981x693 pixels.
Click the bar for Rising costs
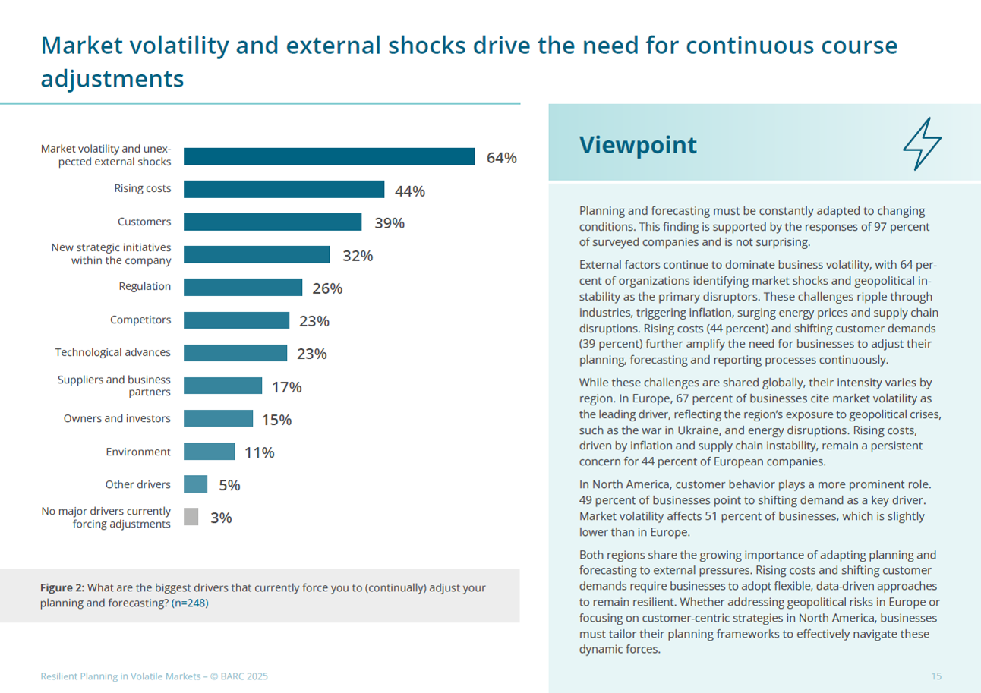[284, 190]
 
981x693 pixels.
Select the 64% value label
[501, 158]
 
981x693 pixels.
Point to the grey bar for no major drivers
[191, 517]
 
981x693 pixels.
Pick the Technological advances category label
[113, 353]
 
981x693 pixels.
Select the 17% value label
[287, 387]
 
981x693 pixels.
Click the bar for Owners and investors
[219, 419]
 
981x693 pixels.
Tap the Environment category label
[138, 452]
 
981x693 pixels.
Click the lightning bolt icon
[922, 144]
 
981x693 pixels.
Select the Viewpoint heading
[637, 146]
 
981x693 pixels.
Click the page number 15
[936, 676]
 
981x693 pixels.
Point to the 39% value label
[389, 223]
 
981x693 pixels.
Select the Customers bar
[273, 222]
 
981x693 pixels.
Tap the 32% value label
[357, 256]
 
